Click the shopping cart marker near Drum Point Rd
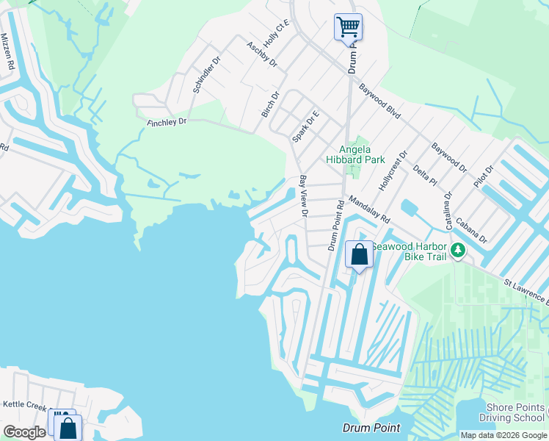click(348, 28)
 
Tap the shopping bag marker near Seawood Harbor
click(359, 255)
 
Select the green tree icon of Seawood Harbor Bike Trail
click(458, 251)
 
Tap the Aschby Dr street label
click(262, 54)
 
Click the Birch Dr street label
click(271, 104)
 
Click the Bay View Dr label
click(302, 196)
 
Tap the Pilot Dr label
click(484, 176)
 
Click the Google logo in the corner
click(24, 432)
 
